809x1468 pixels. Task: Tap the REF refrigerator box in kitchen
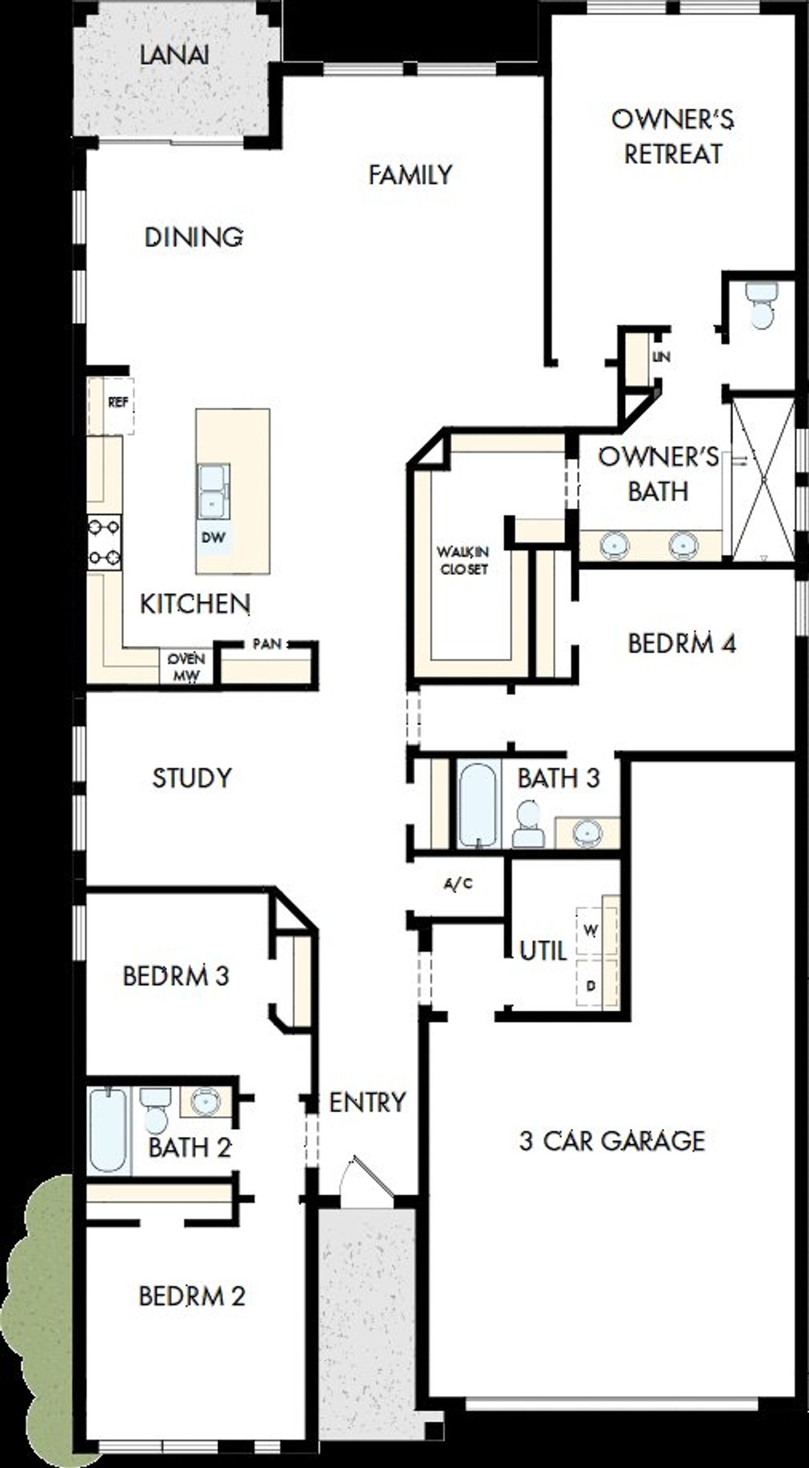click(118, 403)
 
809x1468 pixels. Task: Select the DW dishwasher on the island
click(213, 538)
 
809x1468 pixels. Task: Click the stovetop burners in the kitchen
click(104, 542)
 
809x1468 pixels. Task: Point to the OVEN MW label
click(186, 666)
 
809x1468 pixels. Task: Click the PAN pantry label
click(267, 644)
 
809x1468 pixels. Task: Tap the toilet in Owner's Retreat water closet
click(761, 305)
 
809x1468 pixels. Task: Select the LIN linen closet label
click(661, 357)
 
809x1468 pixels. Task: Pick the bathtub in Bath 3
click(478, 805)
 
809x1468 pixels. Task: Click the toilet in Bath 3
click(528, 825)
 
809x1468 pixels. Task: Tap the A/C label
click(458, 884)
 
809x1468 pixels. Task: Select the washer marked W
click(591, 931)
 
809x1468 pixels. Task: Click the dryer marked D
click(591, 986)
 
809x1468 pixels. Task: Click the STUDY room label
click(192, 778)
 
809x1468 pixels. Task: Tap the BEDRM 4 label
click(681, 644)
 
